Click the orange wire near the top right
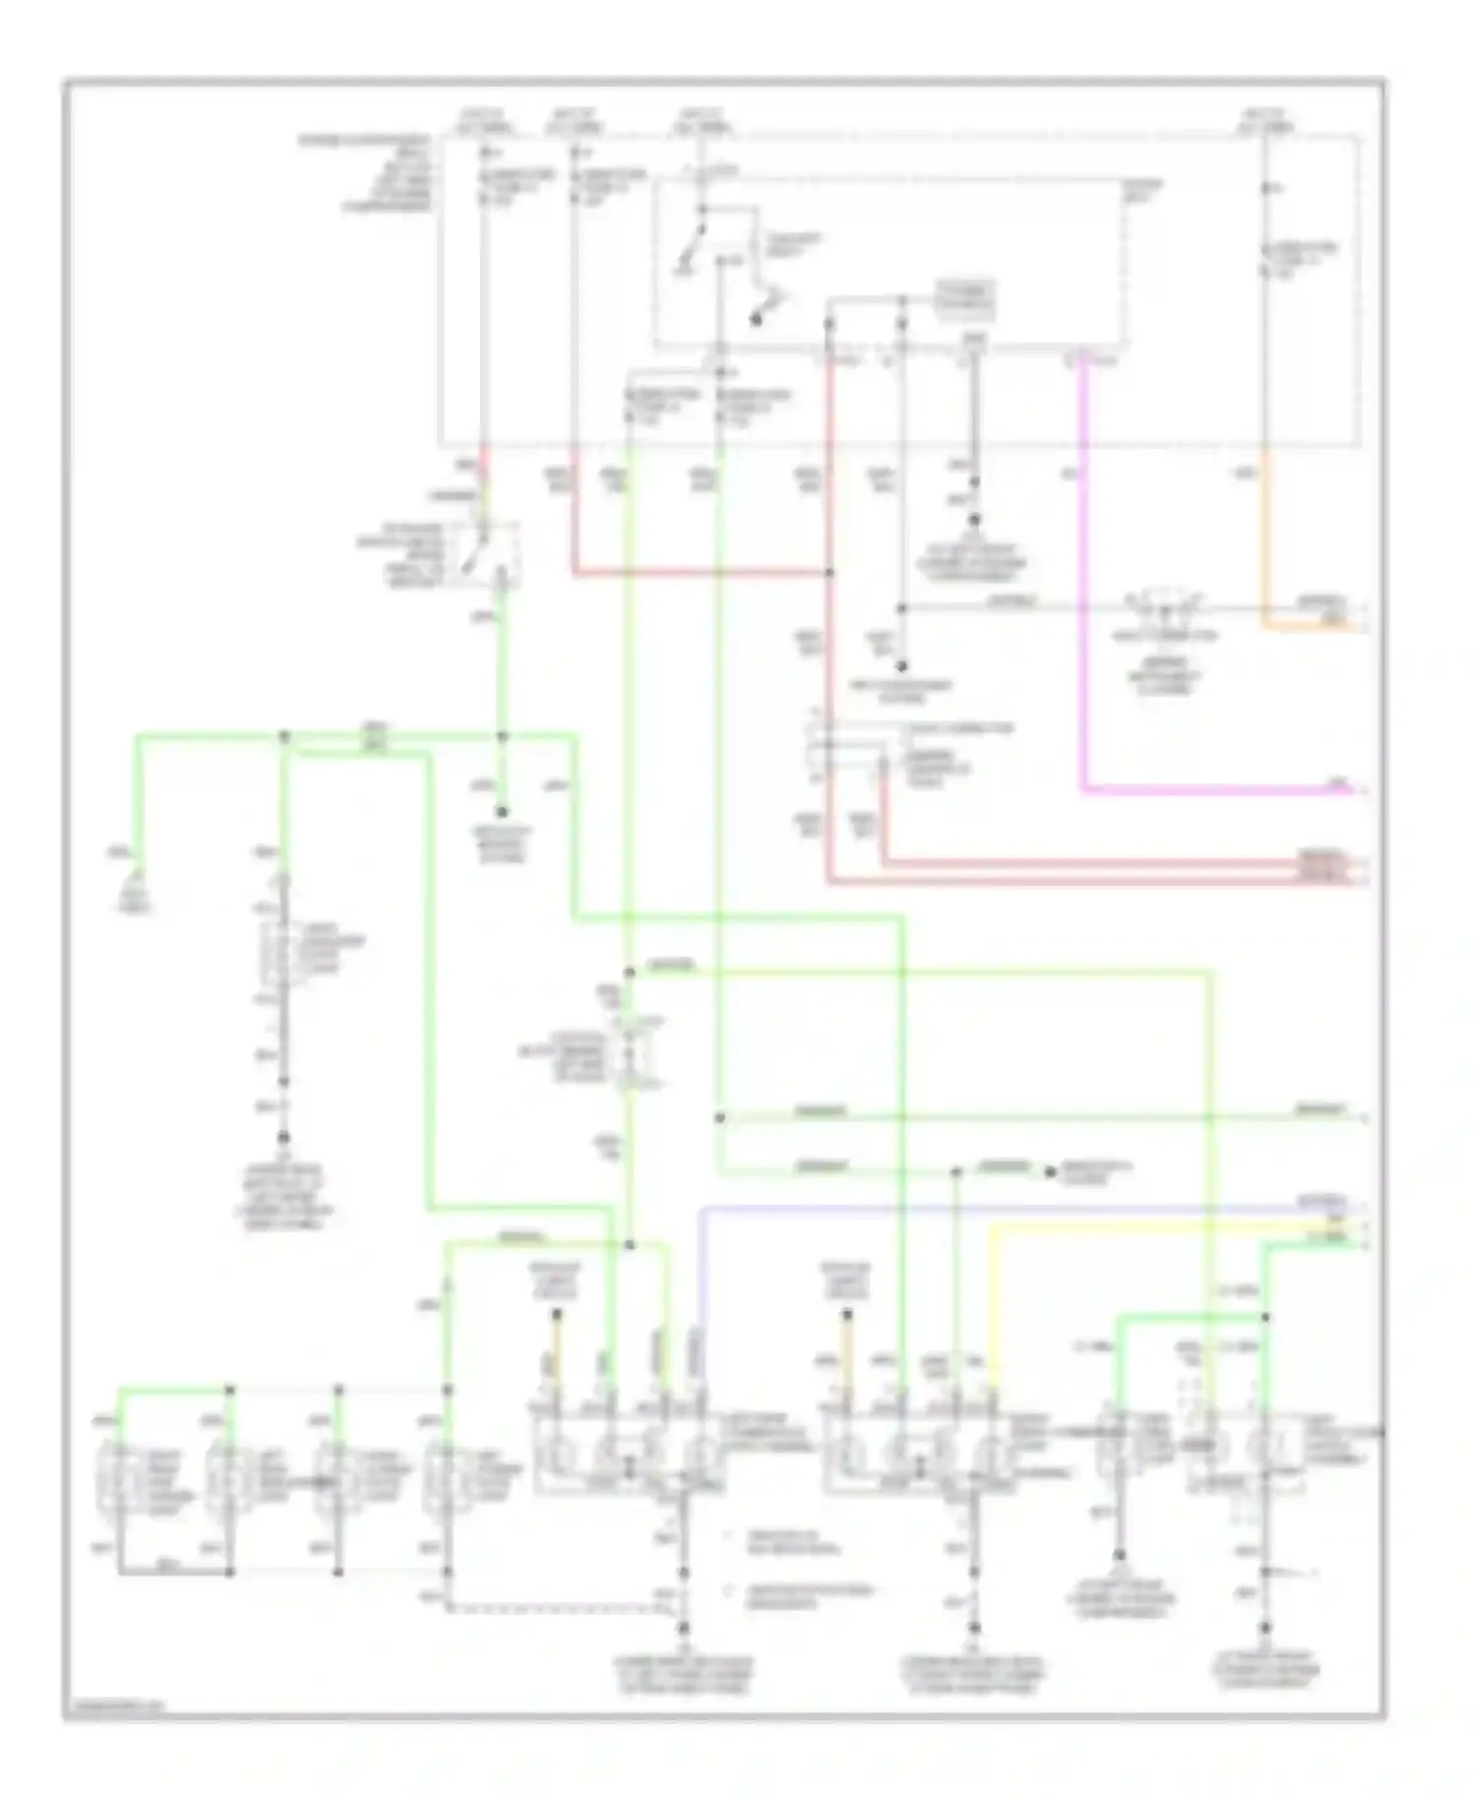[1265, 551]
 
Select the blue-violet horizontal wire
[984, 1208]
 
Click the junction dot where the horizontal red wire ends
[830, 572]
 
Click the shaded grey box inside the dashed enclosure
[965, 299]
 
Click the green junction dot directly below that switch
[502, 736]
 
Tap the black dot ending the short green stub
[502, 812]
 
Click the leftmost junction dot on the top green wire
[285, 736]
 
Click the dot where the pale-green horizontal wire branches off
[719, 1118]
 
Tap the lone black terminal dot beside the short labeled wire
[1050, 1172]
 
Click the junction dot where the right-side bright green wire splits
[1265, 1317]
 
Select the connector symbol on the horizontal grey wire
[1165, 605]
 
